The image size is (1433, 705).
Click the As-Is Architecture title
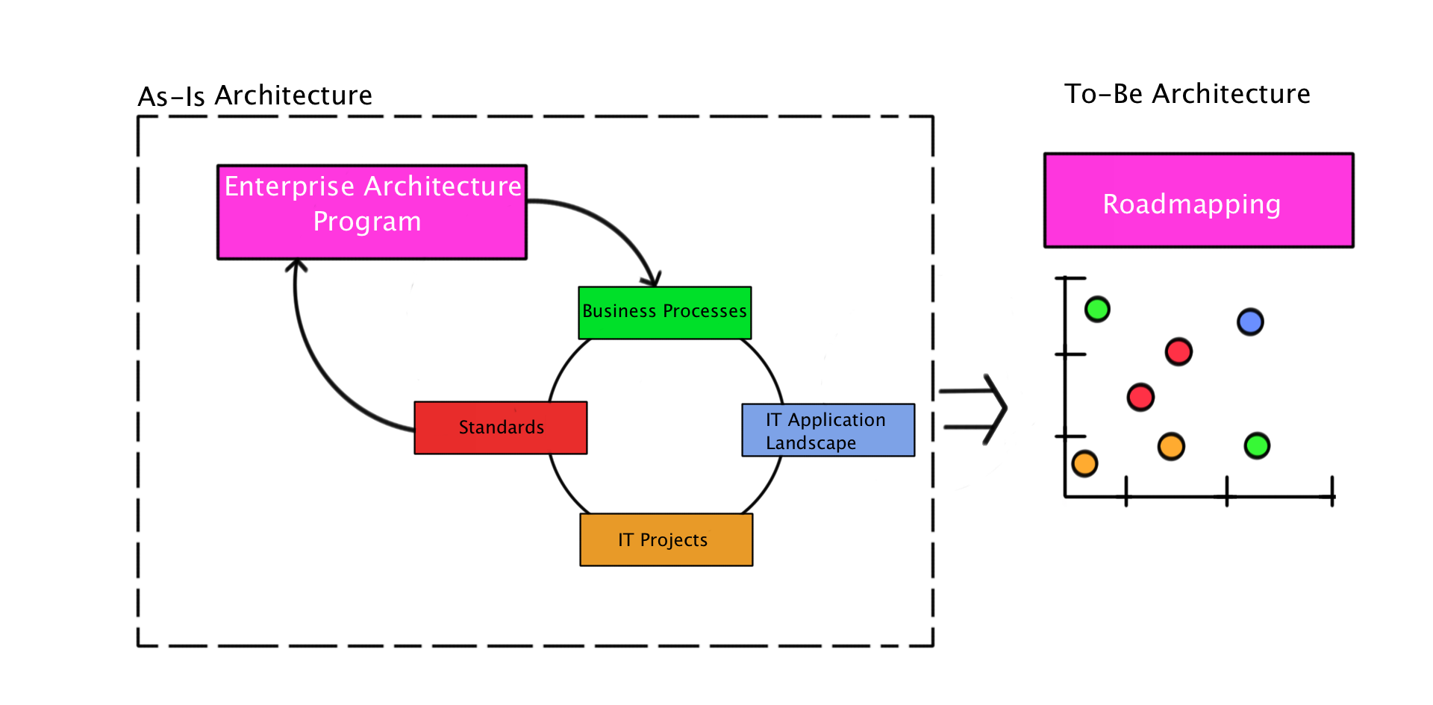click(255, 96)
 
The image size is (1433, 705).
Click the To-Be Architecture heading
click(1187, 94)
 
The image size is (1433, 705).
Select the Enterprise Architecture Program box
click(372, 212)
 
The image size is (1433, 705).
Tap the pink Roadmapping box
click(1199, 201)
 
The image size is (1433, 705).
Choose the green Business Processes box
click(665, 313)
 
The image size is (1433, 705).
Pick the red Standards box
click(501, 428)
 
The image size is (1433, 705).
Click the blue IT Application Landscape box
click(828, 430)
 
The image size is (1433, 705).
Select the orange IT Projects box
click(666, 540)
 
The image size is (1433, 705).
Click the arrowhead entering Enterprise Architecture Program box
click(296, 264)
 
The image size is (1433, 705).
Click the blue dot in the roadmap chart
click(1250, 322)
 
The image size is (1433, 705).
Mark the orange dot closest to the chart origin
click(1084, 463)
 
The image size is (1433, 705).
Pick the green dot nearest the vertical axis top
click(1097, 309)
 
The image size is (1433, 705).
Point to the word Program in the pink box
click(367, 222)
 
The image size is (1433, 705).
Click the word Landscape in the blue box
click(811, 443)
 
